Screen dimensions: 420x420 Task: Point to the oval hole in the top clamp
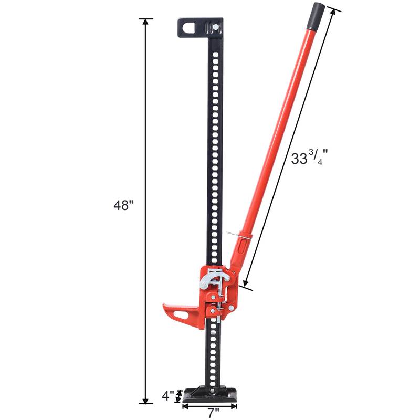tap(190, 26)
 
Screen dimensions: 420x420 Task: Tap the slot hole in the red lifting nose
tap(181, 316)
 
